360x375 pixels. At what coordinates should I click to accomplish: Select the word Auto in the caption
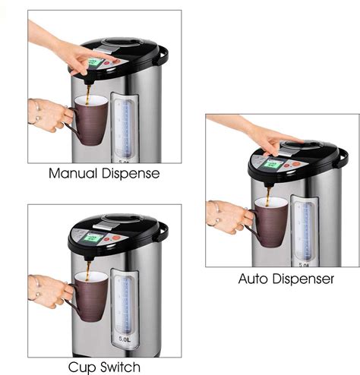tap(255, 279)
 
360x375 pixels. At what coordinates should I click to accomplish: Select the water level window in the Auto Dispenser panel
tap(304, 228)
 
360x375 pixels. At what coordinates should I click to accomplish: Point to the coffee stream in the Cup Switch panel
tap(88, 271)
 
